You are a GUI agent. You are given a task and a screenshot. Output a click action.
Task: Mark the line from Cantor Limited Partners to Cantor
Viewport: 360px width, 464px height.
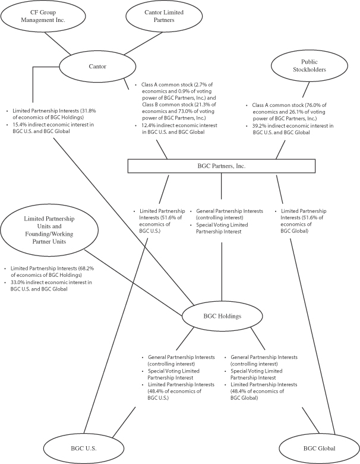[x=143, y=43]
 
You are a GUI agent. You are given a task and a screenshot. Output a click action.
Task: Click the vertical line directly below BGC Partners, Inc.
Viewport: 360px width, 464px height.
[x=221, y=186]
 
